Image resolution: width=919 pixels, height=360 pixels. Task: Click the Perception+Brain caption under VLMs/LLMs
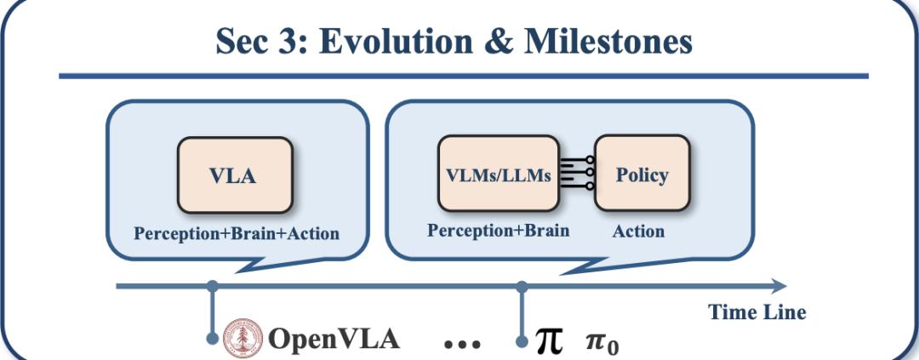pos(498,231)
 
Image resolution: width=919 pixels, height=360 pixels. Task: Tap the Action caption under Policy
pos(638,231)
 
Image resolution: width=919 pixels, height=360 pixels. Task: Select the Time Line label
pos(756,312)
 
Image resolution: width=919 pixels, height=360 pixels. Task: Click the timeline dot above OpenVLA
pos(212,285)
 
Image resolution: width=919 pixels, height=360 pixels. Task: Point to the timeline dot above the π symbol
pos(522,285)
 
